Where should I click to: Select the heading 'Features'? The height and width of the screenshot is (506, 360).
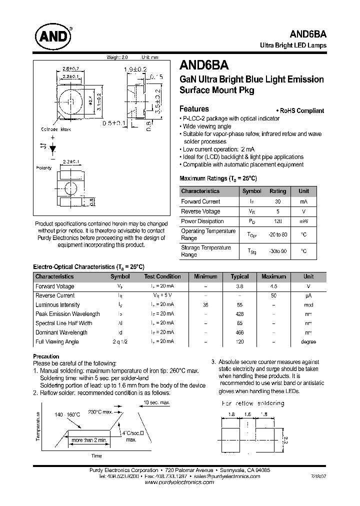tap(194, 109)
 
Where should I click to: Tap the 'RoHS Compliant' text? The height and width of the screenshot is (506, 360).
tap(301, 111)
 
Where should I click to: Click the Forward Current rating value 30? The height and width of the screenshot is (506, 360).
tap(277, 201)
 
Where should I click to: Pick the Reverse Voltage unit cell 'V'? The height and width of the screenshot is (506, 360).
tap(303, 211)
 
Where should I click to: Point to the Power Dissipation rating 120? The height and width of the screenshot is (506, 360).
tap(277, 221)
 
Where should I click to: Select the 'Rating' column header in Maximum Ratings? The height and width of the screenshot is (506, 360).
tap(277, 191)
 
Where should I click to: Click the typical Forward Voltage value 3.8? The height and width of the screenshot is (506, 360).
tap(239, 286)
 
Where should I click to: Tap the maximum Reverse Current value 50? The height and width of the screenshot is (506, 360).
tap(273, 295)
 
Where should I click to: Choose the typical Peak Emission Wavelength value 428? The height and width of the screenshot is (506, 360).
tap(239, 314)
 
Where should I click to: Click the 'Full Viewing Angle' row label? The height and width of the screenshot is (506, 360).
tap(56, 341)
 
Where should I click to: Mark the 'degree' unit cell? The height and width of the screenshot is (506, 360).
tap(308, 341)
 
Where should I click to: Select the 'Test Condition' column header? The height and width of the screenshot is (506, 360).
tap(162, 276)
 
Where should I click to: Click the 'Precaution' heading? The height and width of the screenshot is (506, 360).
tap(46, 356)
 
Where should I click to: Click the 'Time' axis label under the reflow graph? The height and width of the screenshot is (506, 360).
tap(96, 455)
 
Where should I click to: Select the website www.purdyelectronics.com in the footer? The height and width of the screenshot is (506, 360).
tap(179, 483)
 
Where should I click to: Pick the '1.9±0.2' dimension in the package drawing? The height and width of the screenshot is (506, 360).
tap(136, 69)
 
